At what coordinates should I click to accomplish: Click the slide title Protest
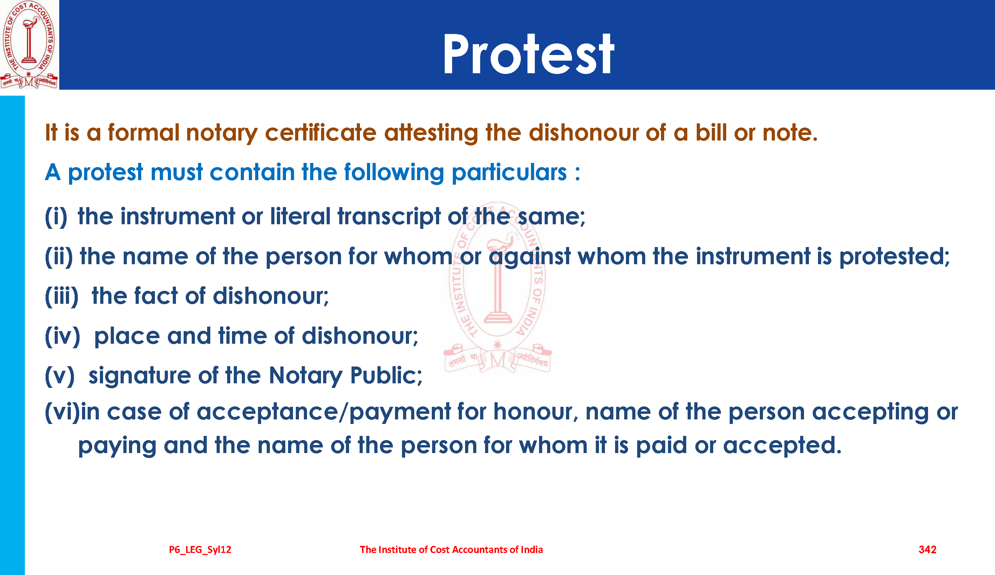click(x=528, y=54)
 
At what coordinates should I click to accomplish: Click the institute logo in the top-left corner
click(x=29, y=45)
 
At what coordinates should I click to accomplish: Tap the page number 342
click(x=927, y=549)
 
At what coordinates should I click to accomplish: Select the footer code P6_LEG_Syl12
click(x=200, y=550)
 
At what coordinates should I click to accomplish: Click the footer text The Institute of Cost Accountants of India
click(x=451, y=549)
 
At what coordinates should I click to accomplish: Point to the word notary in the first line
click(x=222, y=133)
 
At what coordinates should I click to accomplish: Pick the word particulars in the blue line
click(x=509, y=173)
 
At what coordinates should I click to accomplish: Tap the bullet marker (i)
click(x=56, y=217)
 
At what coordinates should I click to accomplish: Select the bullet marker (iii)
click(x=62, y=296)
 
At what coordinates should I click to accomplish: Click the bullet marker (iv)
click(x=62, y=336)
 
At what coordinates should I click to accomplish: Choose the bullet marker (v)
click(x=60, y=376)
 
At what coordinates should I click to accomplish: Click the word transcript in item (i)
click(x=389, y=217)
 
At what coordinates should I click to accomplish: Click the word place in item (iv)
click(x=127, y=337)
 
